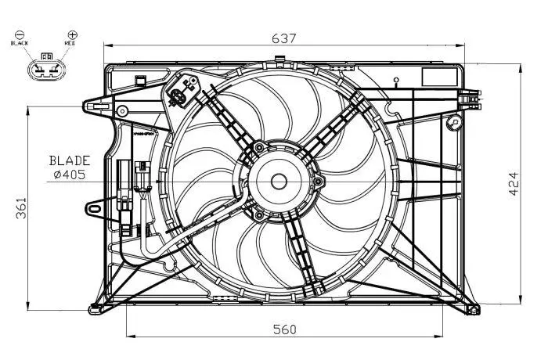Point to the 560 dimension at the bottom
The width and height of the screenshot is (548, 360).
pyautogui.click(x=284, y=329)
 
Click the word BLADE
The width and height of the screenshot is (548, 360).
pyautogui.click(x=72, y=160)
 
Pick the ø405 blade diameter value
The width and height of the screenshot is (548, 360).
pyautogui.click(x=72, y=175)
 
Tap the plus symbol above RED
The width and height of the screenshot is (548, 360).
pyautogui.click(x=72, y=35)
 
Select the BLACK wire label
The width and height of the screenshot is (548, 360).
pyautogui.click(x=20, y=45)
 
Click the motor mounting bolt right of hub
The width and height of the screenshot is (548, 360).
pyautogui.click(x=319, y=183)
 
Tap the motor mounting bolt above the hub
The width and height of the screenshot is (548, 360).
pyautogui.click(x=258, y=147)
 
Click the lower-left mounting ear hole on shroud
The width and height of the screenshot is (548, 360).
pyautogui.click(x=94, y=209)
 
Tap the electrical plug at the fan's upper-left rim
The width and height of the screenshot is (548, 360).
pyautogui.click(x=179, y=98)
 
